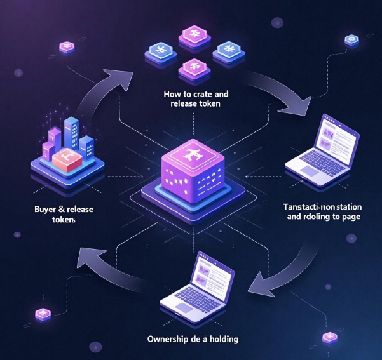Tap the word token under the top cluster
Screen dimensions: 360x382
[x=208, y=104]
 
